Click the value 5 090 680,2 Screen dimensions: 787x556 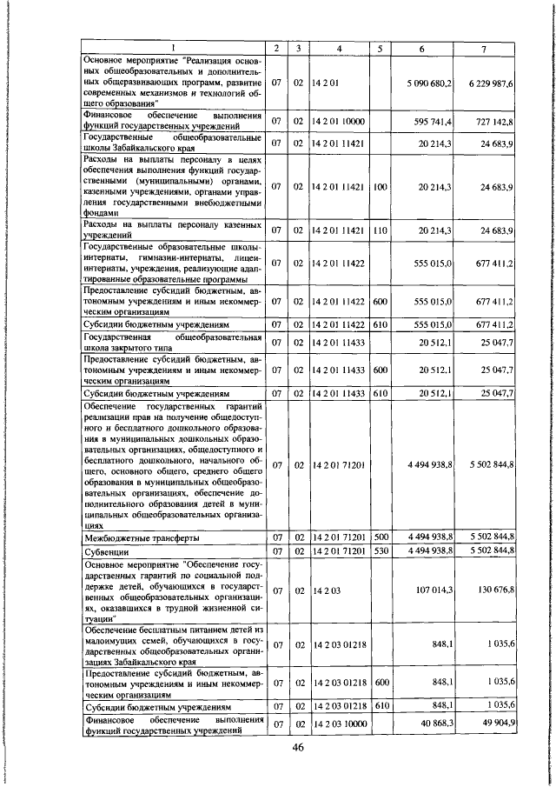point(427,83)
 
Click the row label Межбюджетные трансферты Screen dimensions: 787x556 point(132,537)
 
